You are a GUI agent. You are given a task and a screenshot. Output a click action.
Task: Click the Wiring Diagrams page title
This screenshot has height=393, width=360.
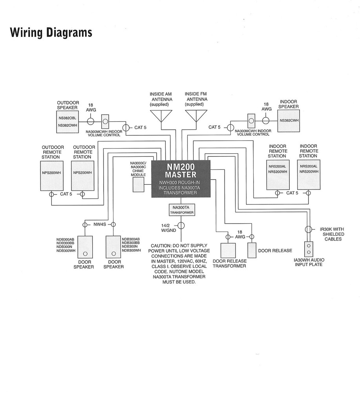pyautogui.click(x=51, y=32)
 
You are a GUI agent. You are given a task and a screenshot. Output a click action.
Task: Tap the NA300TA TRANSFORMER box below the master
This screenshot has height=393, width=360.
pyautogui.click(x=181, y=209)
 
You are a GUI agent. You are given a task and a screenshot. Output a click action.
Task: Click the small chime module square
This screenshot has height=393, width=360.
pyautogui.click(x=139, y=185)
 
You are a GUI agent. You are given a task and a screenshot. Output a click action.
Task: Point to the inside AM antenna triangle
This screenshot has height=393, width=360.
pyautogui.click(x=161, y=116)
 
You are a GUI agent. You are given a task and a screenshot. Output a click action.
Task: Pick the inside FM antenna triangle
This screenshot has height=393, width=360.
pyautogui.click(x=196, y=116)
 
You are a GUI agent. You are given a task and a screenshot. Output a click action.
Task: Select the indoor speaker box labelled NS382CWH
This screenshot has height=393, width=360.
pyautogui.click(x=289, y=120)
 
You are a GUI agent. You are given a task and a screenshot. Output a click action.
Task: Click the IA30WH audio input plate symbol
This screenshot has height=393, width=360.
pyautogui.click(x=309, y=249)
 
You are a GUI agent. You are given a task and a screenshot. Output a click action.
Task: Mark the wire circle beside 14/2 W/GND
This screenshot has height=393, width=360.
pyautogui.click(x=181, y=226)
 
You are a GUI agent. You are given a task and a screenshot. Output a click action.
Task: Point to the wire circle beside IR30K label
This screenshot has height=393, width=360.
pyautogui.click(x=308, y=229)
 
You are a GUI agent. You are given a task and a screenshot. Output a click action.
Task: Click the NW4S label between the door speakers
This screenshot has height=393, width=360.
pyautogui.click(x=99, y=224)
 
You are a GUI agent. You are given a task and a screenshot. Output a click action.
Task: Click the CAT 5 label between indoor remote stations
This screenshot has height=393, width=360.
pyautogui.click(x=292, y=193)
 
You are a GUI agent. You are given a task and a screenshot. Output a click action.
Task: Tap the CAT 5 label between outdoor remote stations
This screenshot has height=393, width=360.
pyautogui.click(x=66, y=194)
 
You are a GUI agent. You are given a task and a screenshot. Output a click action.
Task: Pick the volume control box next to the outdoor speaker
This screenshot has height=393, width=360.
pyautogui.click(x=105, y=120)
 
